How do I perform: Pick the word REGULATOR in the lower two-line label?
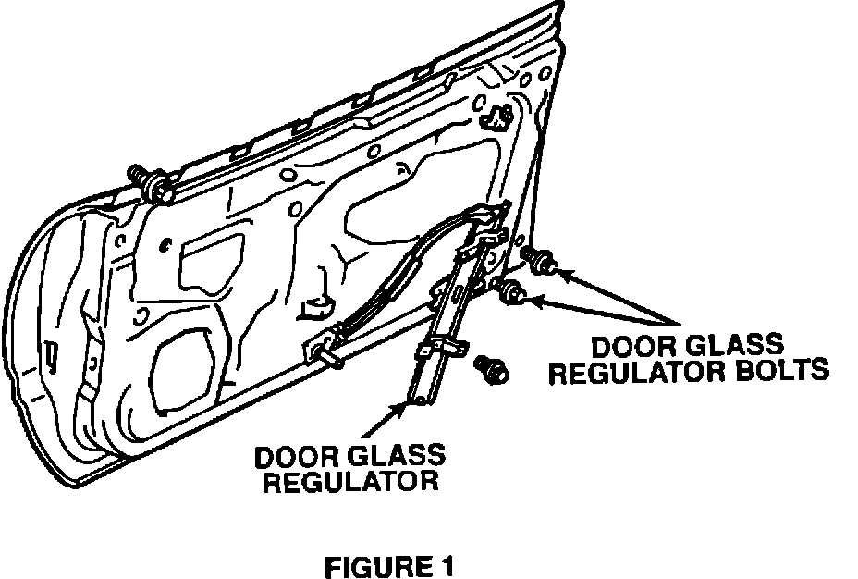pos(350,481)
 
